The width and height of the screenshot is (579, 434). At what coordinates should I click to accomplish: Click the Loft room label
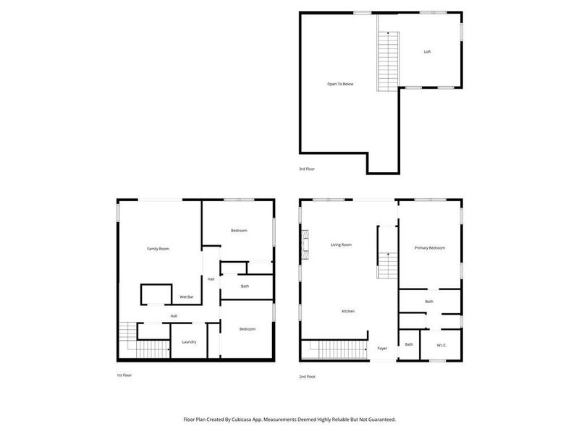427,52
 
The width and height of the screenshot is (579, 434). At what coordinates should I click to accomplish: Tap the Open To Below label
340,84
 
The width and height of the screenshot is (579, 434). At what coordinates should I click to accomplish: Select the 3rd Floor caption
307,169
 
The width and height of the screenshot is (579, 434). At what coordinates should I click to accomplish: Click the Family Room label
158,249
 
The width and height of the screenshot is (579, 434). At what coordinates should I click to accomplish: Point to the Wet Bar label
186,297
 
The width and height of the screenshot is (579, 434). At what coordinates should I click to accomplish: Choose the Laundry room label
189,342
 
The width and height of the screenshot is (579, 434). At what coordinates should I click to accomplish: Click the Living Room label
341,245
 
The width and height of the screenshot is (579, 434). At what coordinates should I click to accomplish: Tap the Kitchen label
348,311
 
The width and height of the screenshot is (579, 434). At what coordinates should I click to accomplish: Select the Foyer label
382,349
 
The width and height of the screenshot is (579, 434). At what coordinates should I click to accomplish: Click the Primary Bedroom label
429,248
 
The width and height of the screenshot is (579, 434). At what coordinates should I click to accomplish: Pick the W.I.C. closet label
441,345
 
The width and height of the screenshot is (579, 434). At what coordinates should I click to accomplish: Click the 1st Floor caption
124,375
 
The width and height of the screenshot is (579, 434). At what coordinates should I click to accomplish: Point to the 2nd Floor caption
307,376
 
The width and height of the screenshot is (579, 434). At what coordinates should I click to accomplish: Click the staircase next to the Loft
388,61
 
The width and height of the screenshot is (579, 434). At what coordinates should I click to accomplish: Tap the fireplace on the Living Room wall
305,244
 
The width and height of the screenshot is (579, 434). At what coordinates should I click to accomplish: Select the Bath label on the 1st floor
245,286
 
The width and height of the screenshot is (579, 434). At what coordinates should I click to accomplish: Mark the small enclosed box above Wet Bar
156,294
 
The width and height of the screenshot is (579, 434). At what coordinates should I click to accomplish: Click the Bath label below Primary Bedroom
429,302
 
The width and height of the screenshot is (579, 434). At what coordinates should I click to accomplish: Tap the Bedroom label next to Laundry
248,329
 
